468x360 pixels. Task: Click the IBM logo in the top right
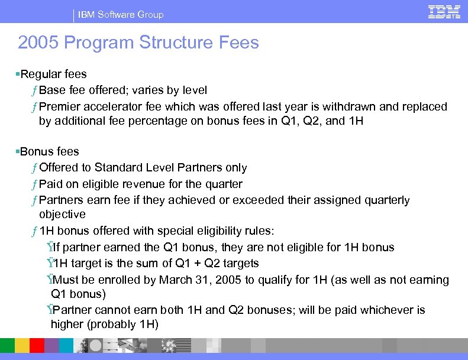(x=444, y=12)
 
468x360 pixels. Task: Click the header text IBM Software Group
(x=121, y=14)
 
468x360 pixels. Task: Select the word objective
(x=62, y=214)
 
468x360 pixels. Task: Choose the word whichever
(x=383, y=310)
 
